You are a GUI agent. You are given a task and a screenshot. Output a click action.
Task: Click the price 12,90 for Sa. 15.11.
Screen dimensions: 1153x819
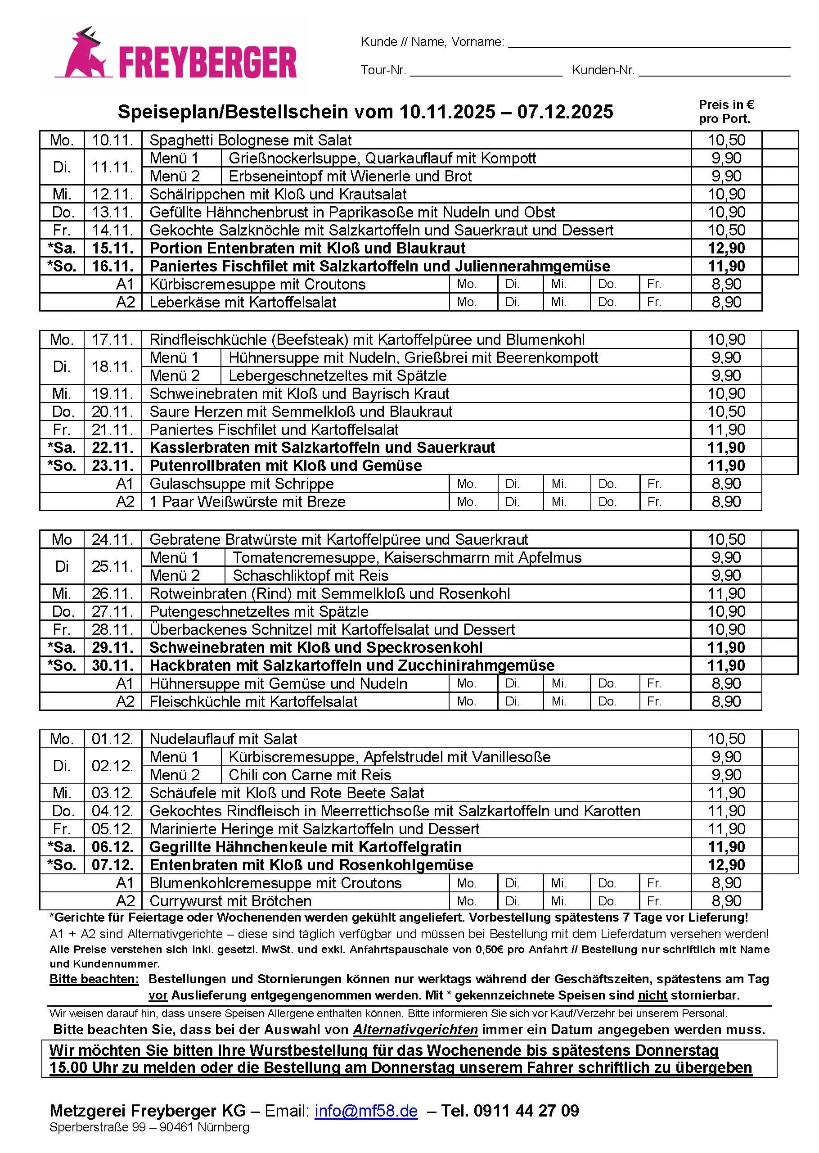[x=726, y=248]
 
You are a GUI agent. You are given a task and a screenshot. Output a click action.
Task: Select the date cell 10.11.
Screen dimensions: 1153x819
[x=112, y=140]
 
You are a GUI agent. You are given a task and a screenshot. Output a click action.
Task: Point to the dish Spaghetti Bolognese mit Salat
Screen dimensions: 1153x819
[x=251, y=140]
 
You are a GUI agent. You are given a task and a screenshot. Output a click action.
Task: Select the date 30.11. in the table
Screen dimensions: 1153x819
[x=112, y=665]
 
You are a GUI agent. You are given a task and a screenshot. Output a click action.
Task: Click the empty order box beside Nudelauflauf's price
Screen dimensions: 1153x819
[x=780, y=739]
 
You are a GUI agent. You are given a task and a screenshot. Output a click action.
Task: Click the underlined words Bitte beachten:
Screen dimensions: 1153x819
[x=94, y=979]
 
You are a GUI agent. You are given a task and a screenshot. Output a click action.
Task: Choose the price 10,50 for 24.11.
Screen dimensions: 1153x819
[x=726, y=539]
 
